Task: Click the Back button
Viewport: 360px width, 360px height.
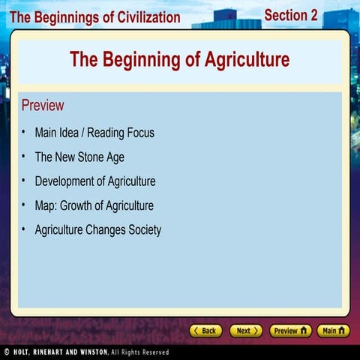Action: [205, 331]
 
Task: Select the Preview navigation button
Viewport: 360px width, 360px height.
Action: [290, 331]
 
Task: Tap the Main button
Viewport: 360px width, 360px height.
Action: [333, 331]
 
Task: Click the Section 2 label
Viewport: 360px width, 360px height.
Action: [291, 15]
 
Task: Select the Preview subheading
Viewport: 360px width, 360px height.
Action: [43, 105]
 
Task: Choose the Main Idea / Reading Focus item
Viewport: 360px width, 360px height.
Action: [94, 133]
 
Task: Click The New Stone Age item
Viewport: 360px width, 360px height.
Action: [79, 157]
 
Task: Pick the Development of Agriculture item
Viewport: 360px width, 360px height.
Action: [95, 181]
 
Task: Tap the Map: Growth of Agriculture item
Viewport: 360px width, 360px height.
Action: [94, 205]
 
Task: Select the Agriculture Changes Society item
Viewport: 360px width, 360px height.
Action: [98, 230]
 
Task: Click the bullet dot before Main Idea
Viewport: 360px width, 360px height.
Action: [24, 132]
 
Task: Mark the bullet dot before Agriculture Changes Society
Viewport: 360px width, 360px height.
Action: [24, 229]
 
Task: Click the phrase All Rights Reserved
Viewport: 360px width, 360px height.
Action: [140, 352]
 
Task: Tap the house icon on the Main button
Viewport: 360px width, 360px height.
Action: [343, 331]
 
